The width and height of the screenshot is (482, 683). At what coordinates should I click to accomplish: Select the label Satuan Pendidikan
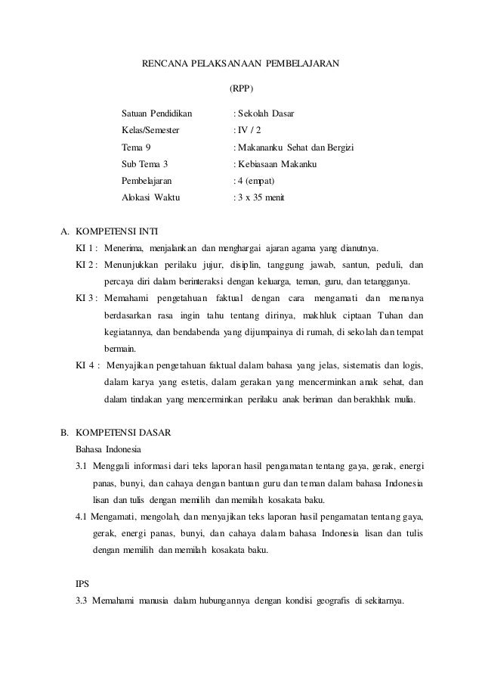click(157, 113)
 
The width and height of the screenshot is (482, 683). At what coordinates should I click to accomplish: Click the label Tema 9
click(136, 147)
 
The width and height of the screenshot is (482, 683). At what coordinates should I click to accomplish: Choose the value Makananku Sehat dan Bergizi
click(296, 147)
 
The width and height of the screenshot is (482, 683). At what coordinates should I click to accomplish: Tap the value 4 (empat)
click(257, 180)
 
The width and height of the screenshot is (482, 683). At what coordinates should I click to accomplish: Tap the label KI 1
click(85, 248)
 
